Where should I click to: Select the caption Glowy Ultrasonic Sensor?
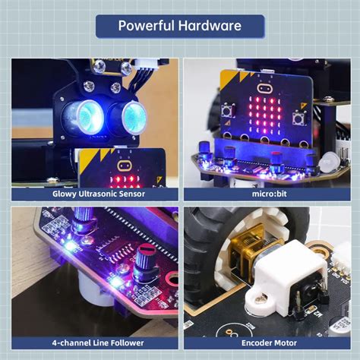94,194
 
